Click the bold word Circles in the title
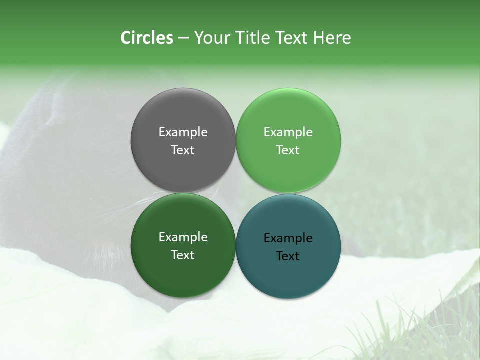point(147,38)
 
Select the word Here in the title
point(332,38)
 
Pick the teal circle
point(288,272)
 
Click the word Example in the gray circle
point(183,132)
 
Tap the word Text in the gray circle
point(183,150)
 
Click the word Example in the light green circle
point(288,132)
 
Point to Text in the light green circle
point(288,150)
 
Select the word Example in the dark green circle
point(183,237)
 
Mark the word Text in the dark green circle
point(183,255)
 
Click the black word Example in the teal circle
point(288,238)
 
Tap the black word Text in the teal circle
point(288,256)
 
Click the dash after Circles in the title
point(183,38)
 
